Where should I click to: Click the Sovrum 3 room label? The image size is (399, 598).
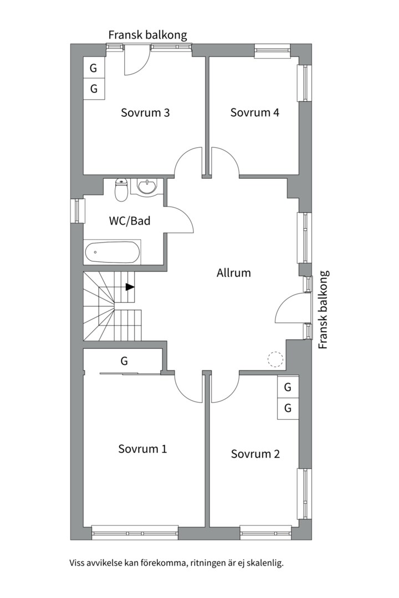pos(145,113)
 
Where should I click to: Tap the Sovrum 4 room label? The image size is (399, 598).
pos(255,112)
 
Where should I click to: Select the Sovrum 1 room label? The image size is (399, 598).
pos(142,448)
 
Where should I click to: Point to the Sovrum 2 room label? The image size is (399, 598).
pos(255,454)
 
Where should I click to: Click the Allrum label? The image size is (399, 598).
pos(234,273)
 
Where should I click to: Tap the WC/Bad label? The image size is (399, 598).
pos(130,221)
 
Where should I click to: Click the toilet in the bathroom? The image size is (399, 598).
pos(121,190)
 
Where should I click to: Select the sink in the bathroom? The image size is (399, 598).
pos(147,187)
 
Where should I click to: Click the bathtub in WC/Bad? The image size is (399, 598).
pos(112,252)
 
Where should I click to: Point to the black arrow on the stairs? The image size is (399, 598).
pos(130,287)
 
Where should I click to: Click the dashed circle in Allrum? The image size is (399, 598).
pos(275,359)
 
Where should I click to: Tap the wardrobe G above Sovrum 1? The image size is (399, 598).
pos(124,361)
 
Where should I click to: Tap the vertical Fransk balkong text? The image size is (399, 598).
pos(324,310)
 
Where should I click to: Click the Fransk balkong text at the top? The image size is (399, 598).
pos(148,35)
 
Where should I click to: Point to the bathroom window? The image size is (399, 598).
pos(76,210)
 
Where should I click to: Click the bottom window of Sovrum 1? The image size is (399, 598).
pos(135,532)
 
